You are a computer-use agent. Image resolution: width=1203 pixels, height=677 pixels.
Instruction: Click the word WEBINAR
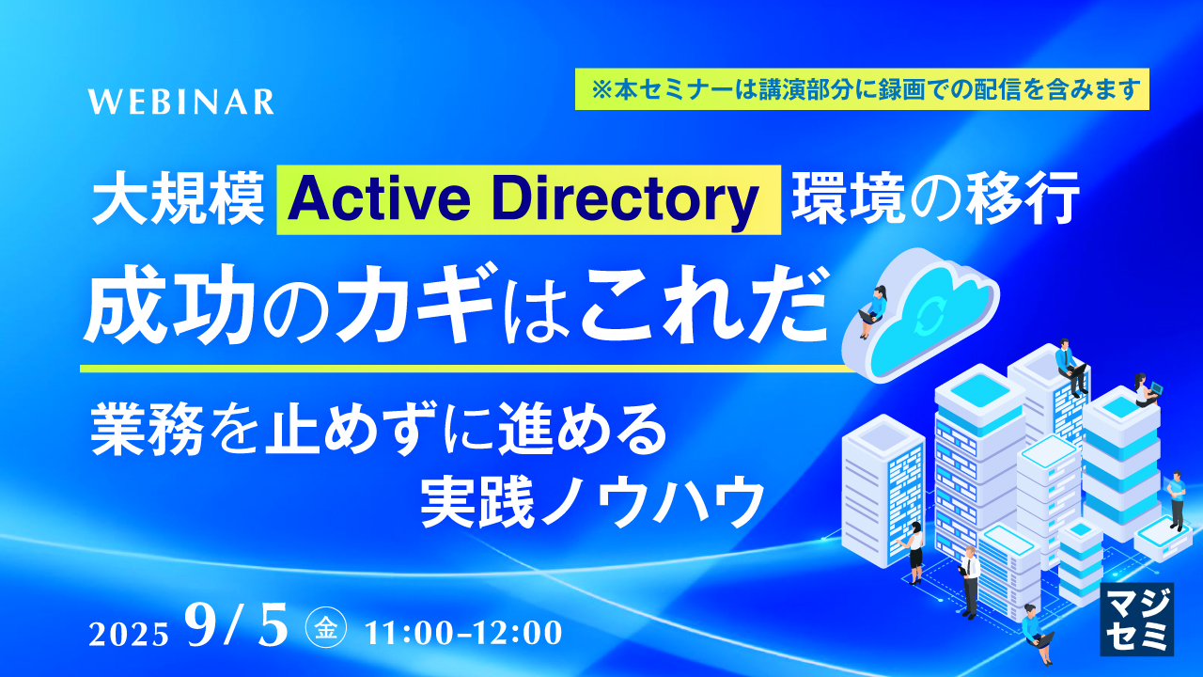coord(181,102)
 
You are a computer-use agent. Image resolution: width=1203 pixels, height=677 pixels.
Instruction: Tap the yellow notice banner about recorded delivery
coord(862,89)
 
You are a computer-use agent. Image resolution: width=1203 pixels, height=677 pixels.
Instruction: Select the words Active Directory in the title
coord(528,199)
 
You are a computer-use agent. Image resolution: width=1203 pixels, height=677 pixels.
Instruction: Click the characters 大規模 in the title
coord(179,200)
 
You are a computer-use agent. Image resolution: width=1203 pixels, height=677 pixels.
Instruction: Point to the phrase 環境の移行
coord(932,200)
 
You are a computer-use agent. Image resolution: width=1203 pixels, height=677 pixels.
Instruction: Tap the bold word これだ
coord(696,309)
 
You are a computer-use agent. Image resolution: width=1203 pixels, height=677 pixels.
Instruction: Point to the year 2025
coord(129,634)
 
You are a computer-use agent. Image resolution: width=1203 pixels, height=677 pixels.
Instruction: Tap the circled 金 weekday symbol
coord(326,629)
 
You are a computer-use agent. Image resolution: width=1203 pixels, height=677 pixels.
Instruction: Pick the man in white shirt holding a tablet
coord(969,578)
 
